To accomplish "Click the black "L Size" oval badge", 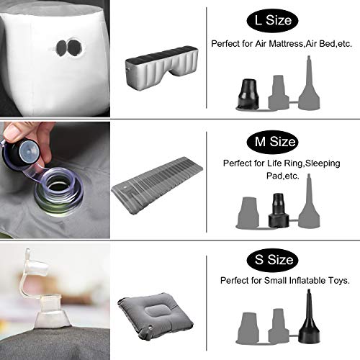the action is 272,20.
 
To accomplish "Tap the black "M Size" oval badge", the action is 272,142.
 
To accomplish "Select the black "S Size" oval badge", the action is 272,260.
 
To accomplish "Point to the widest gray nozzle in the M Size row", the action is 248,212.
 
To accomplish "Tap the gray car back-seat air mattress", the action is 163,66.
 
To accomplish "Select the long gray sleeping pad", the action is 157,185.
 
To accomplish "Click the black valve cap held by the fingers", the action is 21,154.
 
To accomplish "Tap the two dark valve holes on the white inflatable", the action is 69,48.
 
